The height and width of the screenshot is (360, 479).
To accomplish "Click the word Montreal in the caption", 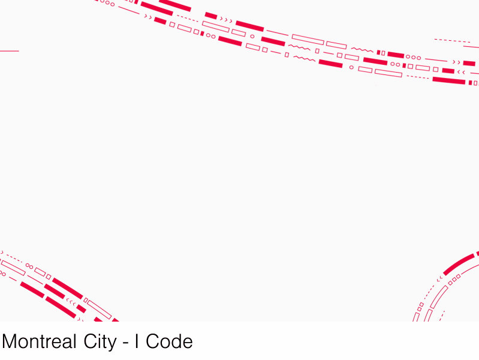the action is coord(40,342).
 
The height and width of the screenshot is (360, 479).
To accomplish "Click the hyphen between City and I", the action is coord(125,343).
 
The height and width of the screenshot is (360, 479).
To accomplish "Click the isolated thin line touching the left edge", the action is coord(9,51).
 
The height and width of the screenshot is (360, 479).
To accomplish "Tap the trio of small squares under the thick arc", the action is coord(454,278).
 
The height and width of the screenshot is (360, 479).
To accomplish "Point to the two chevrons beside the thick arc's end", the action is coord(440,279).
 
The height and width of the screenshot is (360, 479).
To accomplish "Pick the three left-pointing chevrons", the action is coord(71,301).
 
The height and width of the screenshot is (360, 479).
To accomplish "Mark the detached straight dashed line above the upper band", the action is coord(452,41).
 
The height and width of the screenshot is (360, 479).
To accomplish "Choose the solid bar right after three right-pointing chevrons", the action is coord(249,26).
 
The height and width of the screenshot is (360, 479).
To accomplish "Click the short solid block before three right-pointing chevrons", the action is coord(210,15).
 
